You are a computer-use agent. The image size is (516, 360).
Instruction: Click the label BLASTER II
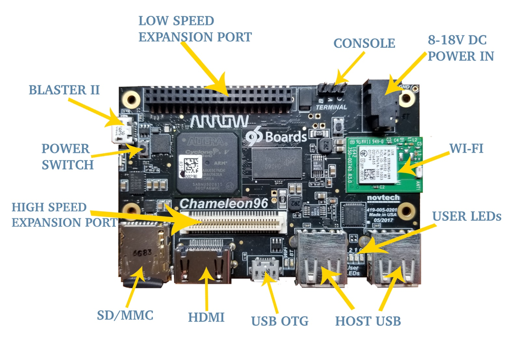[64, 89]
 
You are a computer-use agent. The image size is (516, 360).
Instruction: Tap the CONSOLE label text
[364, 43]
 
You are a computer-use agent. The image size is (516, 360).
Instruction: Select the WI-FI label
[466, 149]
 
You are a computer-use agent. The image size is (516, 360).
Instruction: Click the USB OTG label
[279, 320]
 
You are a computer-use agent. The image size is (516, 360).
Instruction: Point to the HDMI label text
[206, 317]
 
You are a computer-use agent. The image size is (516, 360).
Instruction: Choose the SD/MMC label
[125, 315]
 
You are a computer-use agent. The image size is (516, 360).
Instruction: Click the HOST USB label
[367, 320]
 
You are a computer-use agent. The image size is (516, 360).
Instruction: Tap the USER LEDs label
[466, 216]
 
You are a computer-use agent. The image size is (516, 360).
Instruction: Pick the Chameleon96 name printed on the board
[224, 203]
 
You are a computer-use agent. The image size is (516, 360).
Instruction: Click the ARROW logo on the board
[219, 120]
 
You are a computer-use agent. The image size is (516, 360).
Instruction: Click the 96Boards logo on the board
[277, 137]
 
